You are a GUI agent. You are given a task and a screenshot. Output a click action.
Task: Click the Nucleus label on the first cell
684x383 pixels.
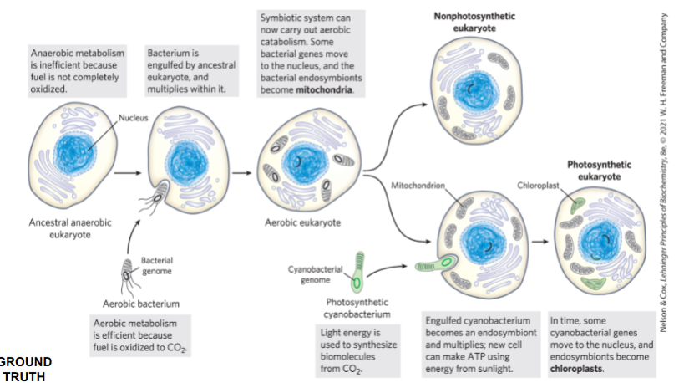pyautogui.click(x=133, y=118)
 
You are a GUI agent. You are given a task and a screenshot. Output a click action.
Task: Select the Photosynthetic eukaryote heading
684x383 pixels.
pyautogui.click(x=599, y=171)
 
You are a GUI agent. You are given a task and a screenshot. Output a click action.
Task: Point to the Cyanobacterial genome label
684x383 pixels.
pyautogui.click(x=315, y=273)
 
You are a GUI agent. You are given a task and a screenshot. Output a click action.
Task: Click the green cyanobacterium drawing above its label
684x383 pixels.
pyautogui.click(x=358, y=269)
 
